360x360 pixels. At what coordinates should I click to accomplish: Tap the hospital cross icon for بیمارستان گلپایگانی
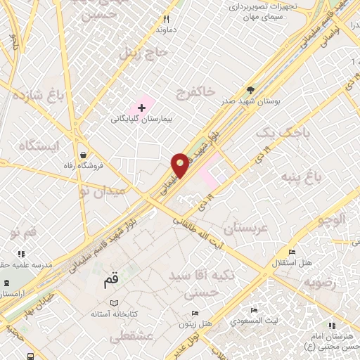pos(143,108)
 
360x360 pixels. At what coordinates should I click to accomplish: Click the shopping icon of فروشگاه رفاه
pos(84,155)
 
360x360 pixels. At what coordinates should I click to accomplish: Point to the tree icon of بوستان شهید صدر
pos(251,90)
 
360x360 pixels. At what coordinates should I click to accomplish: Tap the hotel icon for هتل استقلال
pos(292,252)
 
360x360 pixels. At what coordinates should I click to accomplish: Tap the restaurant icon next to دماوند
pos(166,19)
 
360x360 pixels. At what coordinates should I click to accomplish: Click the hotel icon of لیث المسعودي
pos(254,310)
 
